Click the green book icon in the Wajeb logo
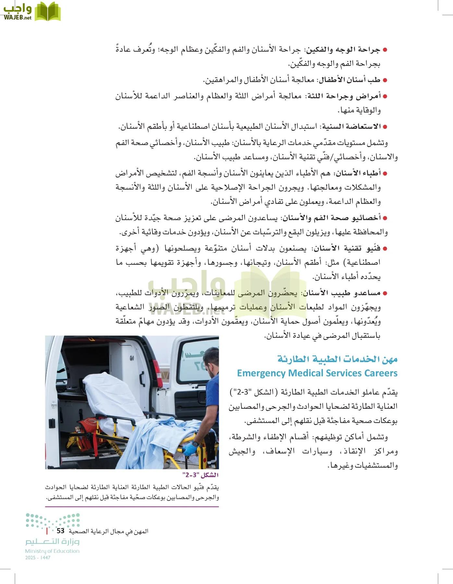point(47,12)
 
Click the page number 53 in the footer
point(60,531)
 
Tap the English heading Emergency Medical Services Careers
point(317,373)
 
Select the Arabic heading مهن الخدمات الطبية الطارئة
point(337,359)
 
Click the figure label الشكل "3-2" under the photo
point(201,475)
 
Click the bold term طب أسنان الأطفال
point(350,80)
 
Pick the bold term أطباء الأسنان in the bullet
point(358,173)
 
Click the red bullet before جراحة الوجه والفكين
point(385,50)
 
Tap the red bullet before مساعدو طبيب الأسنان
point(385,293)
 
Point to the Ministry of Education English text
point(52,551)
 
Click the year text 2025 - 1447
point(38,558)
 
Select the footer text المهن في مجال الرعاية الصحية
point(108,531)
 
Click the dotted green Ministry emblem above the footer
point(53,521)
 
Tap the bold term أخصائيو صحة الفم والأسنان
point(332,218)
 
